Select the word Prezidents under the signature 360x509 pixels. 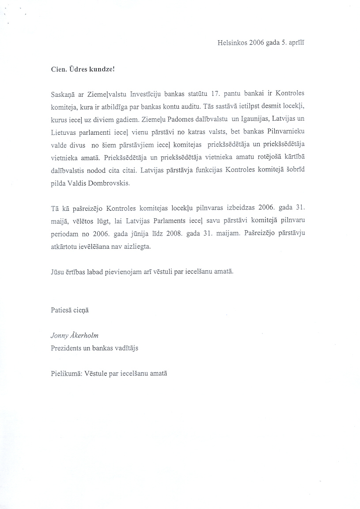(66, 348)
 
